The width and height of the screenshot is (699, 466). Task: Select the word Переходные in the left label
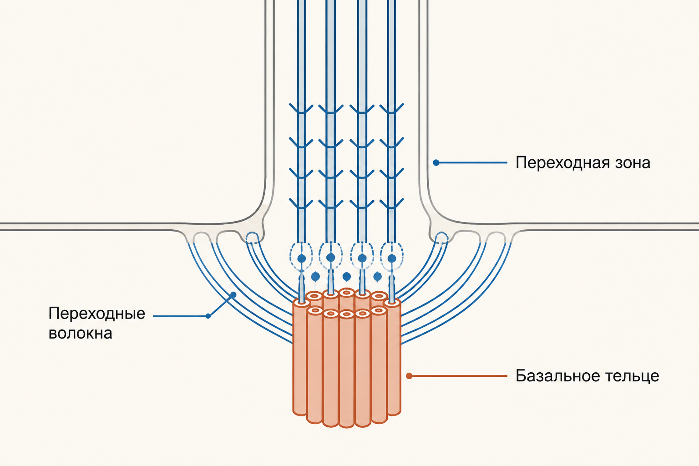[97, 314]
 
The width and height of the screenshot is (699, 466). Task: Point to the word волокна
[81, 334]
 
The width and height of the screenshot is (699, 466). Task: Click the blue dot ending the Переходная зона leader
[436, 162]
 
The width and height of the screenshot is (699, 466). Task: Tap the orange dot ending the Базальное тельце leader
[410, 376]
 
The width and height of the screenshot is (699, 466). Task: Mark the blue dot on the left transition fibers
[233, 294]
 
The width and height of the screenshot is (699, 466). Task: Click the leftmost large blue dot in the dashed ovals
[301, 258]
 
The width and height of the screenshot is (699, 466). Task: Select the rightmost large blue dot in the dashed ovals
[392, 258]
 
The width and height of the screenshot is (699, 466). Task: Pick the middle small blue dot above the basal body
[347, 277]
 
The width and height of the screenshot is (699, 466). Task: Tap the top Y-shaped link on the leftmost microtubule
[301, 109]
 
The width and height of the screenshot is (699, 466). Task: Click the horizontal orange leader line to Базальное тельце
[458, 376]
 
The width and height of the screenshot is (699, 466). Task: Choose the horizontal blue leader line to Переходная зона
[471, 162]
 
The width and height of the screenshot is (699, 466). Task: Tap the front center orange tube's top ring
[346, 314]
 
